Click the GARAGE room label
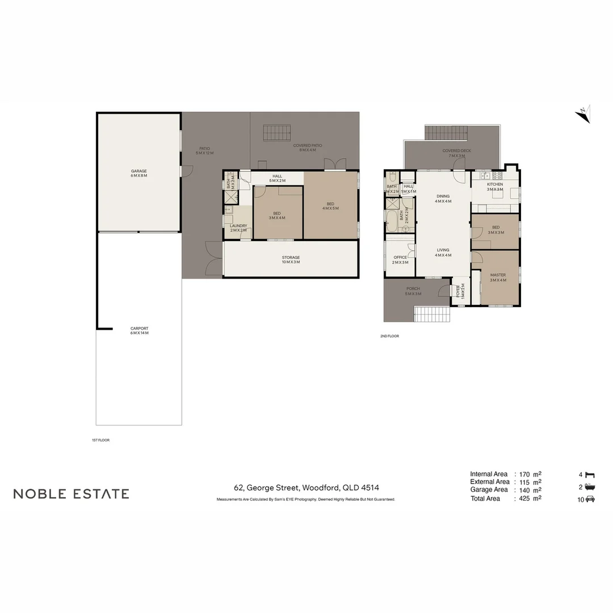[x=139, y=173]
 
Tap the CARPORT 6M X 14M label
[x=139, y=330]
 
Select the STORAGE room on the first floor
[x=291, y=260]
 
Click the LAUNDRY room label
[x=238, y=228]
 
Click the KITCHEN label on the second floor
[x=495, y=187]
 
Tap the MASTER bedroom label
[x=498, y=278]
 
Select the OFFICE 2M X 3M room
[x=400, y=260]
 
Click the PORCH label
[x=413, y=291]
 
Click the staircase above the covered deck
[x=446, y=133]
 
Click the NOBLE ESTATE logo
[x=72, y=494]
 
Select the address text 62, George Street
[x=306, y=488]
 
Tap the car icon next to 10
[x=590, y=499]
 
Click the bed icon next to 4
[x=590, y=474]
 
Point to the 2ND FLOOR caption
[x=389, y=336]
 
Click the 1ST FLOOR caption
[x=100, y=440]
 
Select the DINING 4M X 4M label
[x=443, y=199]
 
